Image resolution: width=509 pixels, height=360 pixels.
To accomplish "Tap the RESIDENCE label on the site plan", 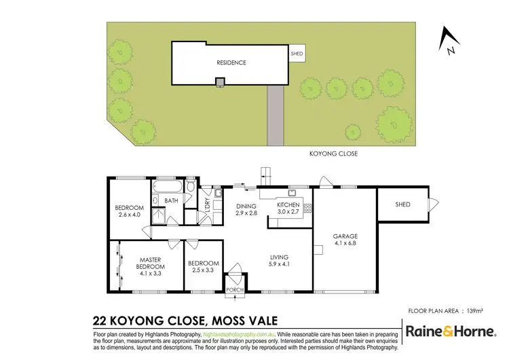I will pyautogui.click(x=231, y=63).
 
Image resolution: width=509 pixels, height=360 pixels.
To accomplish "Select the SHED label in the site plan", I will pyautogui.click(x=297, y=52).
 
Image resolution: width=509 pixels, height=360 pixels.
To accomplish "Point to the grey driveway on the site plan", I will pyautogui.click(x=275, y=115).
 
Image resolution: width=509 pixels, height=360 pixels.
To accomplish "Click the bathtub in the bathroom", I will pyautogui.click(x=170, y=185).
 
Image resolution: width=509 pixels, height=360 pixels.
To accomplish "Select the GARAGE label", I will pyautogui.click(x=345, y=236).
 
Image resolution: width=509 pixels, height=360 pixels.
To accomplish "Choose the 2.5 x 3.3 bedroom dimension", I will pyautogui.click(x=204, y=270).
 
